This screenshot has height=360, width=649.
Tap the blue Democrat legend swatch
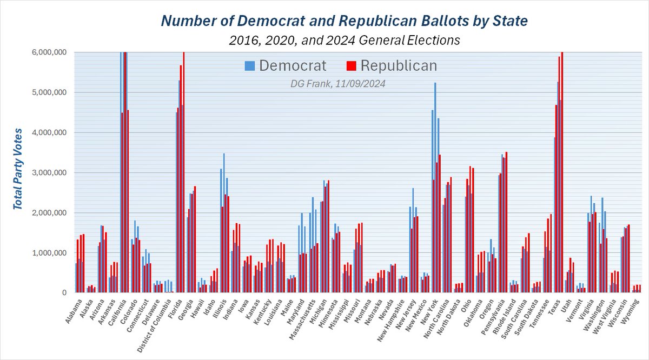click(x=249, y=66)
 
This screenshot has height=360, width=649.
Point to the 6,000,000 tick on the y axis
click(x=49, y=52)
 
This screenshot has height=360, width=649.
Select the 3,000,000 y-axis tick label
click(x=49, y=172)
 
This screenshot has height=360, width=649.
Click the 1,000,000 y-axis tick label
click(x=49, y=252)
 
